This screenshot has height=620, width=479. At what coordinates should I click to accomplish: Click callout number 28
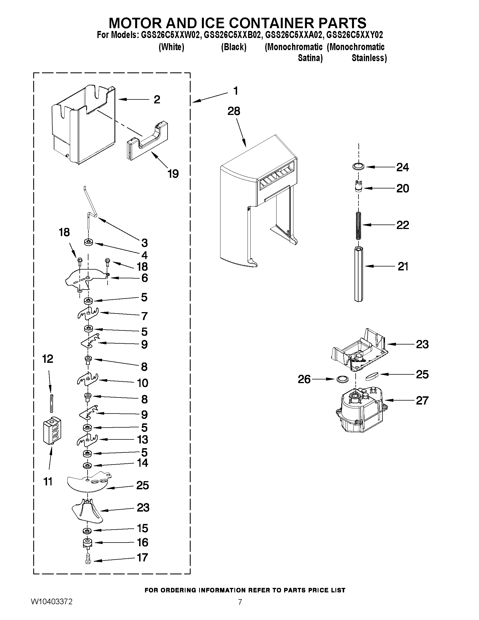[x=233, y=111]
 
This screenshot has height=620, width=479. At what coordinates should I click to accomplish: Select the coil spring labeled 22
[x=359, y=225]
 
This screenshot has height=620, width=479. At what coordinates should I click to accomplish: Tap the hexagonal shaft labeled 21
[x=359, y=274]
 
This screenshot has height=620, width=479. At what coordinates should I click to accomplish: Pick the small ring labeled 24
[x=358, y=167]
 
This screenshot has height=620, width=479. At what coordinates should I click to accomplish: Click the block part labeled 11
[x=52, y=430]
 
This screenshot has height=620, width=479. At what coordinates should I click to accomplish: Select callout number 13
[x=143, y=440]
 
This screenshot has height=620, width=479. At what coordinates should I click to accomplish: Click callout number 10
[x=143, y=383]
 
